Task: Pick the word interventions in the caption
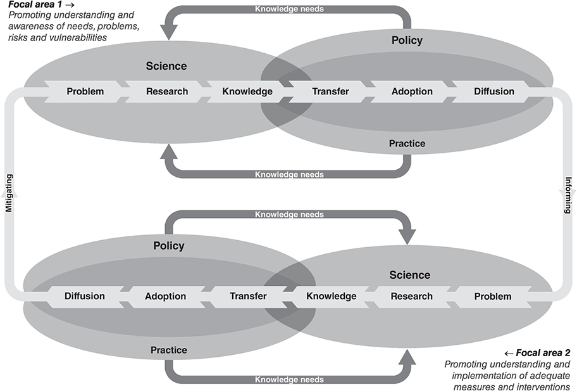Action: point(545,387)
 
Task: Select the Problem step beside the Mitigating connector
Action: point(85,91)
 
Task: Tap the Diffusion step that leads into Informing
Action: point(494,91)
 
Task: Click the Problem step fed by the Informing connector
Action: point(492,296)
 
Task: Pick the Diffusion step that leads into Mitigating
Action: point(85,296)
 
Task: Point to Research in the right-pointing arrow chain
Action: point(167,91)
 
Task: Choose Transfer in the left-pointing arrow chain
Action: point(248,296)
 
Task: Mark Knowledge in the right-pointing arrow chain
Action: point(247,91)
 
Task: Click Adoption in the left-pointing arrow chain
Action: point(166,296)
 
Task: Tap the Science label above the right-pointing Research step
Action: point(166,66)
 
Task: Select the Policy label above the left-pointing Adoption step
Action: point(169,246)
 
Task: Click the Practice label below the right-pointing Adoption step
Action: point(407,143)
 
